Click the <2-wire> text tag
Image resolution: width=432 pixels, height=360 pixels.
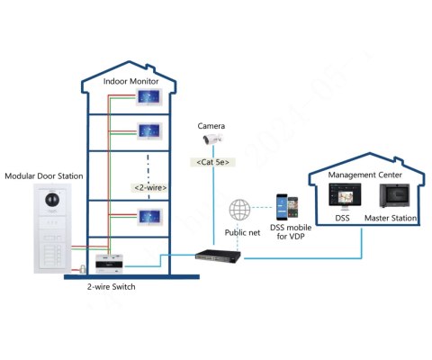148,187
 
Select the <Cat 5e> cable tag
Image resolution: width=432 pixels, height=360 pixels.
212,162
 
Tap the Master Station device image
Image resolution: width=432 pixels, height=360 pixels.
392,196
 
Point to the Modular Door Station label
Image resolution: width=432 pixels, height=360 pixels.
46,175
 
